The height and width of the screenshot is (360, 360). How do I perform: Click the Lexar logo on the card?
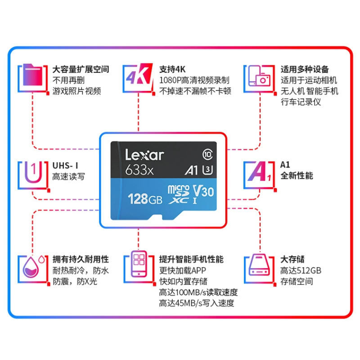pyautogui.click(x=144, y=155)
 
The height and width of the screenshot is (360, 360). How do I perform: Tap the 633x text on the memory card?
pyautogui.click(x=139, y=170)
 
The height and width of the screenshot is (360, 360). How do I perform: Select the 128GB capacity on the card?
pyautogui.click(x=145, y=199)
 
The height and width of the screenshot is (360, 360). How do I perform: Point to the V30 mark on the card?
pyautogui.click(x=203, y=191)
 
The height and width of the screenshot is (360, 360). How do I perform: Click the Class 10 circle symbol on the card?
pyautogui.click(x=207, y=154)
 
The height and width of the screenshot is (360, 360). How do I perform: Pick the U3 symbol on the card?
pyautogui.click(x=207, y=170)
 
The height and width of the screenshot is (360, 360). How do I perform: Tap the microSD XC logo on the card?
pyautogui.click(x=179, y=194)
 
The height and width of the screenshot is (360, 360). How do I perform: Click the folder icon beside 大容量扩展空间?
pyautogui.click(x=33, y=75)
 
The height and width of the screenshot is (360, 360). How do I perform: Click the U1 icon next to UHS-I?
pyautogui.click(x=33, y=172)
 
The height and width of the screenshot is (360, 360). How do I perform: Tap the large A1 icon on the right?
pyautogui.click(x=260, y=171)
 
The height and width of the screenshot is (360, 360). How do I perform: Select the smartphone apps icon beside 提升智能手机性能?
pyautogui.click(x=139, y=264)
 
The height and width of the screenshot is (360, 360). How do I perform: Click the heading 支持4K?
pyautogui.click(x=172, y=69)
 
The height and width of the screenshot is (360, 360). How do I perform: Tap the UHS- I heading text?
pyautogui.click(x=65, y=166)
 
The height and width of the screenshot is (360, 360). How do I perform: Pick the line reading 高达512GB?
pyautogui.click(x=301, y=270)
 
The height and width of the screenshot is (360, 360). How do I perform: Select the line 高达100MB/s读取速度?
pyautogui.click(x=198, y=292)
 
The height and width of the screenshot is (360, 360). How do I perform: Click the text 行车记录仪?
pyautogui.click(x=301, y=102)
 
